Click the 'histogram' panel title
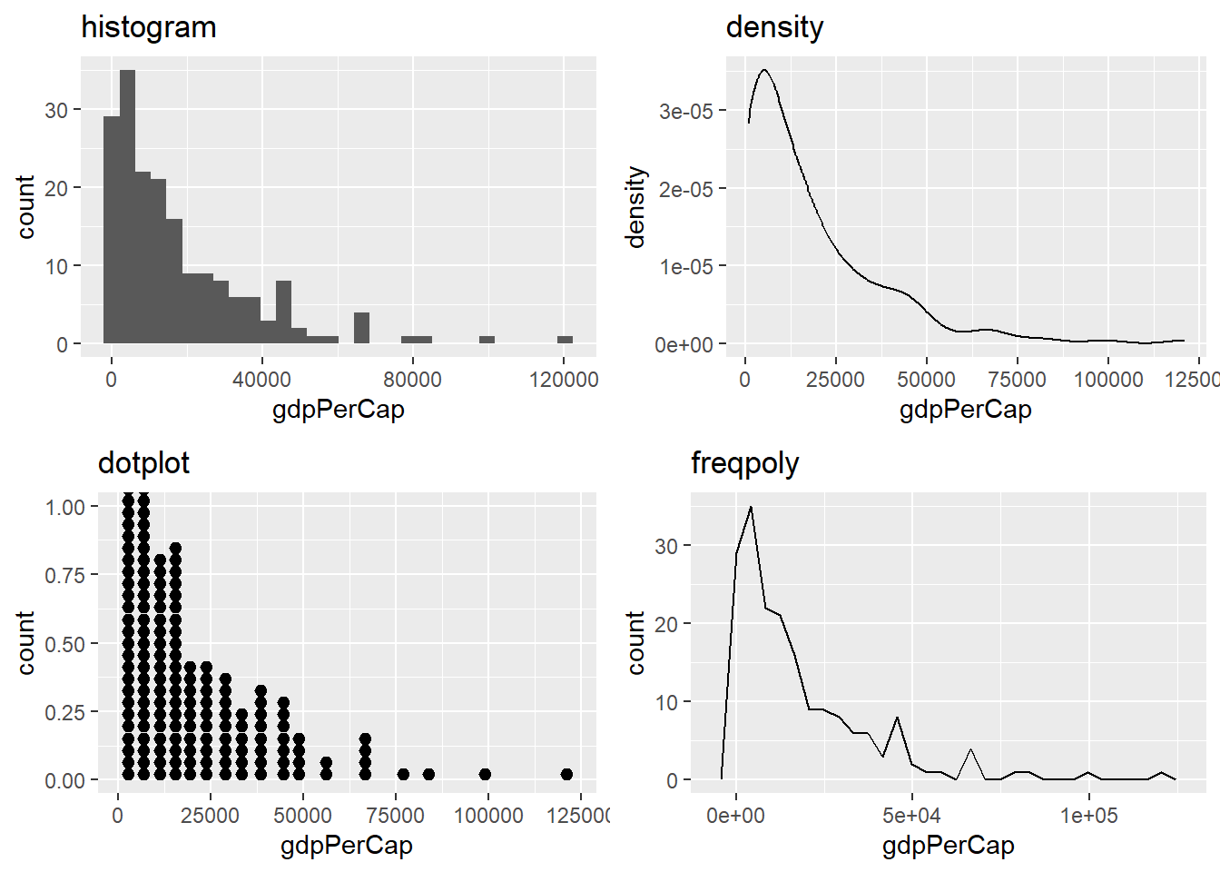click(149, 27)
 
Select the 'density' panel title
click(774, 27)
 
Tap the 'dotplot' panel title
click(143, 463)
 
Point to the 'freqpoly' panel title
click(744, 463)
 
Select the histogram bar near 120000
click(565, 340)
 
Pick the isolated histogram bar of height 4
click(361, 328)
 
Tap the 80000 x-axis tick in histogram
click(412, 379)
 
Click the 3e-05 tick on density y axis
click(686, 112)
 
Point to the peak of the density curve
click(764, 70)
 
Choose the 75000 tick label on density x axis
click(1017, 379)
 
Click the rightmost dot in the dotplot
click(567, 774)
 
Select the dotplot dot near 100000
click(485, 774)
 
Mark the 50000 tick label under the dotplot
click(302, 815)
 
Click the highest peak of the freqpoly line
click(751, 508)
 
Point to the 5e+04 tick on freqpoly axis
click(911, 815)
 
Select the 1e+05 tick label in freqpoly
click(1088, 815)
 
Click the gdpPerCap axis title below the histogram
click(338, 410)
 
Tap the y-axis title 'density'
click(635, 207)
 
